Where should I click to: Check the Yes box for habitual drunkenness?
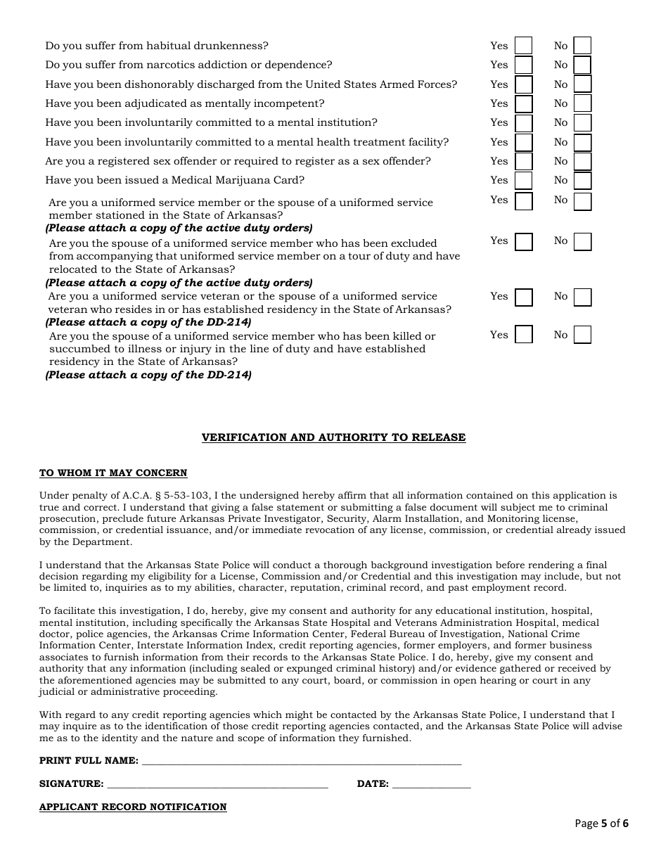pos(523,46)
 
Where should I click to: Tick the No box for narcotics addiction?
pos(582,65)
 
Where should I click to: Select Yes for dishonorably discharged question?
pos(523,84)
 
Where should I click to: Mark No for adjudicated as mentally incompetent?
pos(582,104)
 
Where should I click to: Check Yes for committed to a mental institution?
pos(523,123)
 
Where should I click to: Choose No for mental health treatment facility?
pos(582,143)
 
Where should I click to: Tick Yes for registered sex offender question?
pos(523,162)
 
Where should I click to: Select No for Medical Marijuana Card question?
pos(582,181)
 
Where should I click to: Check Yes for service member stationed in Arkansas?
pos(523,201)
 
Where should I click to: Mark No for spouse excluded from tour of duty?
pos(582,242)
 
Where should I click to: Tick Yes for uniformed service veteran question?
pos(523,297)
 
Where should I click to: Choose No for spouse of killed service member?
pos(582,335)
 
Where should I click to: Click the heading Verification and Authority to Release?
pos(333,437)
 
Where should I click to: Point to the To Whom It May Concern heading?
pos(113,473)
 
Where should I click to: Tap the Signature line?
pos(217,783)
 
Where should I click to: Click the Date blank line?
pos(431,783)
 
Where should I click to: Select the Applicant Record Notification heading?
pos(133,807)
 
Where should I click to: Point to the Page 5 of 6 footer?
pos(601,824)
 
